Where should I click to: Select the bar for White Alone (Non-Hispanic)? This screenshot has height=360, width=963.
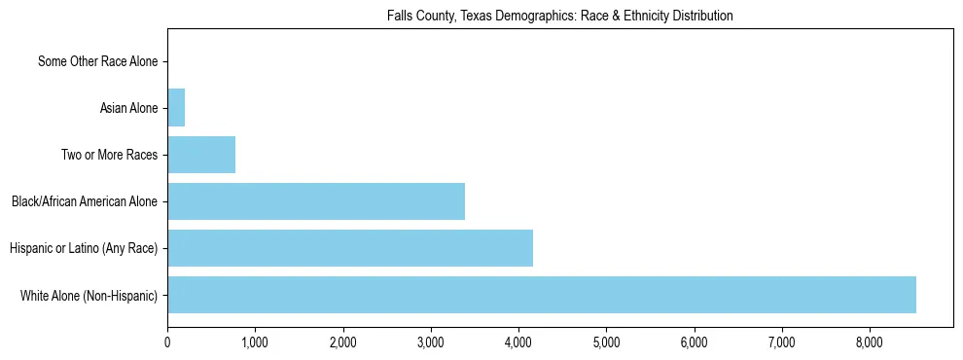542,295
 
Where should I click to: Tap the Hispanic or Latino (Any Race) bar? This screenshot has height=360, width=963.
350,248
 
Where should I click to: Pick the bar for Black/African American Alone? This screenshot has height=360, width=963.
316,201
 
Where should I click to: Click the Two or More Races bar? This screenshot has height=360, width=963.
201,155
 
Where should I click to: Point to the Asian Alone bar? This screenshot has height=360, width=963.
176,108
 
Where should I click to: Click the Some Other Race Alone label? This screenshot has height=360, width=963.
97,62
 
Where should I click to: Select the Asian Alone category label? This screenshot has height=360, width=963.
128,108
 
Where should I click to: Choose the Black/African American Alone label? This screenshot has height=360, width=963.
85,202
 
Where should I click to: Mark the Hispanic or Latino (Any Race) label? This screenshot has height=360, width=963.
84,249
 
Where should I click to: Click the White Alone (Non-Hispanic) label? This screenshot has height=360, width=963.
89,295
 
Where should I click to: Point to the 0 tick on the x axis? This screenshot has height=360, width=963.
167,342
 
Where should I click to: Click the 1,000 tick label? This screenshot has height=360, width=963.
255,342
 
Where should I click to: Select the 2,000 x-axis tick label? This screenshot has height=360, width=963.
342,342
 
